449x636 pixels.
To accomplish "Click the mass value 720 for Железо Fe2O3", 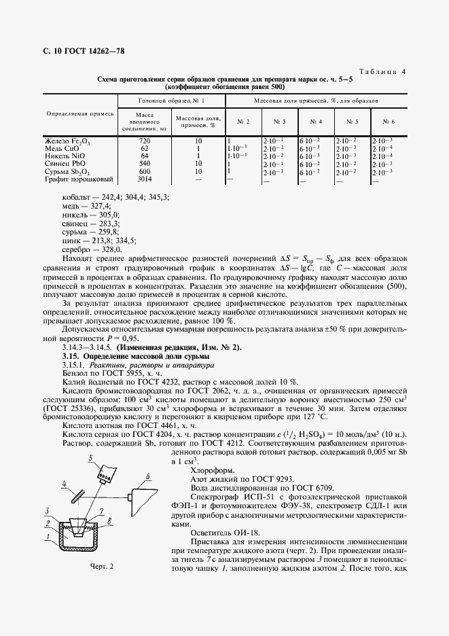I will point(144,141).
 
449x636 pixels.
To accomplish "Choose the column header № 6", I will point(389,122).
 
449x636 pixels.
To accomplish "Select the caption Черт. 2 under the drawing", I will point(102,567).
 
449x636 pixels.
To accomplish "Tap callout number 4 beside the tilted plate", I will point(63,484).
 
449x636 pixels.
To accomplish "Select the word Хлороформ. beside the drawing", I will point(213,470).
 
